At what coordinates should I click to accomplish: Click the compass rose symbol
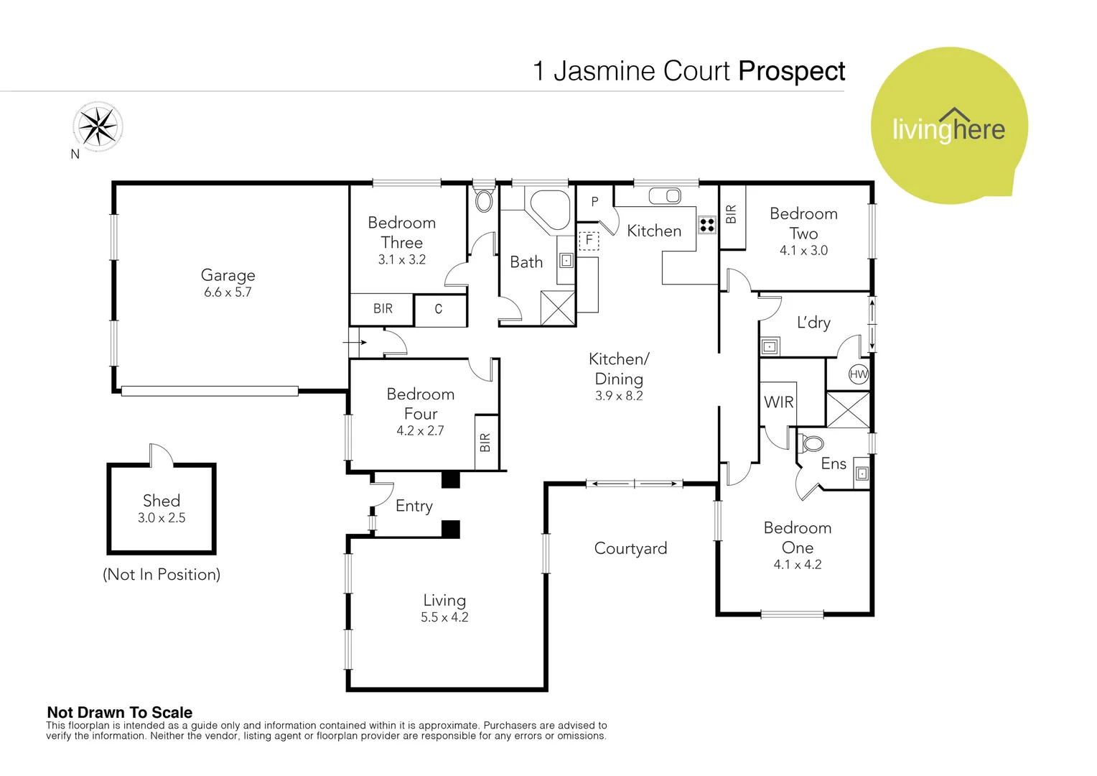[x=98, y=127]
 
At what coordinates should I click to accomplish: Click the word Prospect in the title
[x=791, y=71]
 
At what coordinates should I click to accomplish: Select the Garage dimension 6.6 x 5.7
[x=228, y=292]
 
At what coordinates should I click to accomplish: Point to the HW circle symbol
[x=859, y=374]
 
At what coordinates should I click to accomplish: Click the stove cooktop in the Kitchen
[x=707, y=225]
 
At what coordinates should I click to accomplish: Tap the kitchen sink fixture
[x=665, y=195]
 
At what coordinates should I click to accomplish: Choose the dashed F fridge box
[x=589, y=240]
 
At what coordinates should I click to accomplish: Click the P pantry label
[x=594, y=202]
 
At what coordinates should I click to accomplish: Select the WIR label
[x=779, y=402]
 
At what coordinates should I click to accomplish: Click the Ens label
[x=834, y=464]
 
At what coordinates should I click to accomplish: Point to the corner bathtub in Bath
[x=549, y=209]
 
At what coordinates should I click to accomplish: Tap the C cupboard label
[x=439, y=309]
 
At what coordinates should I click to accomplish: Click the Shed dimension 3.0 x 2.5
[x=162, y=518]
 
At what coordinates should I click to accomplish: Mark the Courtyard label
[x=630, y=548]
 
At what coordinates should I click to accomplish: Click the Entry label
[x=414, y=506]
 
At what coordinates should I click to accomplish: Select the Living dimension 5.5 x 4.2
[x=444, y=617]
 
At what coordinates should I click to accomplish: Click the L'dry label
[x=813, y=323]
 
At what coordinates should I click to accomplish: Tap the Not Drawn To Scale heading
[x=120, y=712]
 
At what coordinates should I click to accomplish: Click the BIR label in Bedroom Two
[x=732, y=214]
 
